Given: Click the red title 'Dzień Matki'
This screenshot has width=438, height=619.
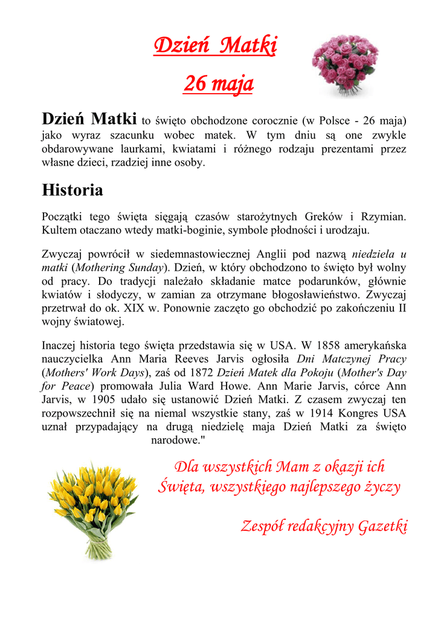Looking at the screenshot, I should pyautogui.click(x=215, y=45).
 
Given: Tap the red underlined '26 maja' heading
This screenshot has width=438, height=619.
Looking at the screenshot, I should pyautogui.click(x=218, y=83).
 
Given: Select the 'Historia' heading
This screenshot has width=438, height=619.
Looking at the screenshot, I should pyautogui.click(x=72, y=190).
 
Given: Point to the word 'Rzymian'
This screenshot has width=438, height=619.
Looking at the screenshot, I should pyautogui.click(x=382, y=216).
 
